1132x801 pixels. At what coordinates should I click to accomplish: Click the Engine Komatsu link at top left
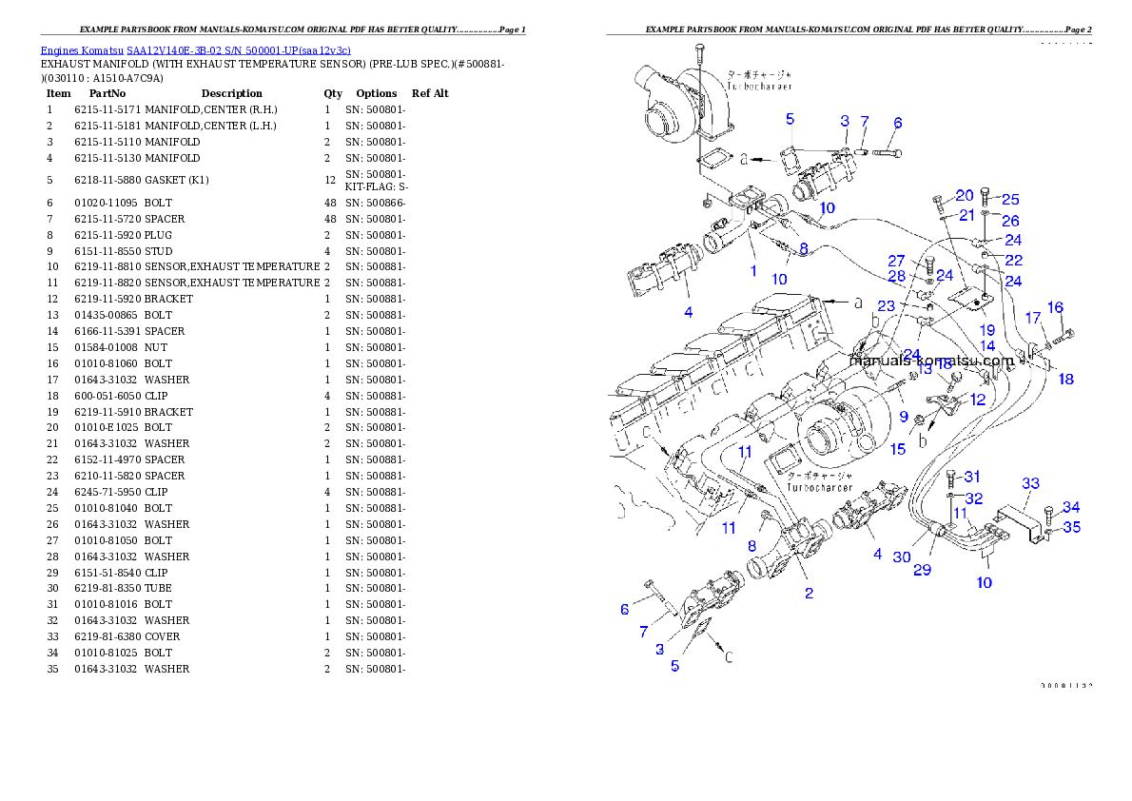click(195, 49)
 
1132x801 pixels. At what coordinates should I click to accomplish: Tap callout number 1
click(753, 271)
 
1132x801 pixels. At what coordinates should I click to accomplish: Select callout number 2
click(809, 594)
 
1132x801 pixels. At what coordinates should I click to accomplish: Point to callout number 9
click(903, 417)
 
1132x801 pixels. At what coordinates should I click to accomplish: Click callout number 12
click(978, 400)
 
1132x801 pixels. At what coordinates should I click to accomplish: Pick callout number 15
click(898, 449)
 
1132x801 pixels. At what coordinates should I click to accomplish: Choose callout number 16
click(1055, 307)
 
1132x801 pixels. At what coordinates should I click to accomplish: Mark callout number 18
click(1065, 379)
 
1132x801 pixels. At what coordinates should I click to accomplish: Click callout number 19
click(987, 329)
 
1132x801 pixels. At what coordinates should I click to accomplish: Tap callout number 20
click(964, 195)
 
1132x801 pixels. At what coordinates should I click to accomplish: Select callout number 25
click(1010, 200)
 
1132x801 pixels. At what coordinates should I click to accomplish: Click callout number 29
click(922, 570)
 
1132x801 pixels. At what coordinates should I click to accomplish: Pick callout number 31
click(972, 476)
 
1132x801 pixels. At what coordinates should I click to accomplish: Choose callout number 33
click(1031, 483)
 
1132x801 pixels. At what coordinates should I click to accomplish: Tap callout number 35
click(1071, 527)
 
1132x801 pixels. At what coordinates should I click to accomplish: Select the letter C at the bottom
click(730, 656)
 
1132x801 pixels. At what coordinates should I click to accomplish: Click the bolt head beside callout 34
click(1048, 513)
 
